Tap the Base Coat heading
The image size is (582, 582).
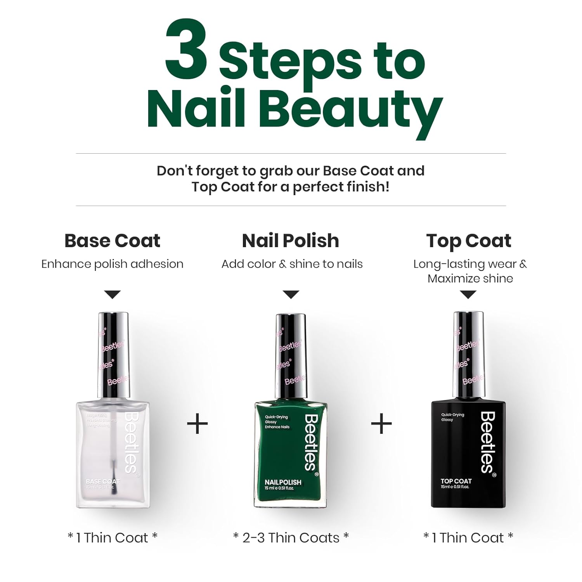tap(112, 241)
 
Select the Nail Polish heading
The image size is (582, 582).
tap(291, 241)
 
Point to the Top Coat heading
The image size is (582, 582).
tap(469, 241)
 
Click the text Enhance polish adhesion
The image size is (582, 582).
tap(112, 264)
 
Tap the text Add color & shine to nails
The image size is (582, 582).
tap(292, 264)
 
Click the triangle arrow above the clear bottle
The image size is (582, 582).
tap(113, 294)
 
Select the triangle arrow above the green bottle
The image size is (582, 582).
tap(291, 294)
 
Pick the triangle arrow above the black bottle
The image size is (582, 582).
tap(468, 294)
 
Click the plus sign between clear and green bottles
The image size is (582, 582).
tap(197, 423)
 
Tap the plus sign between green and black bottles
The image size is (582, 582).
tap(381, 423)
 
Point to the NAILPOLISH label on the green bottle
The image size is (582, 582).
tap(283, 482)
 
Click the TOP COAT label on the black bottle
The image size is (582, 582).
tap(456, 481)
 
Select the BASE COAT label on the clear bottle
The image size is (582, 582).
tap(103, 482)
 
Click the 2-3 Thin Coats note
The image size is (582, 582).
tap(291, 538)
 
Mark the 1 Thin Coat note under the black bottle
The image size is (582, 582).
tap(468, 538)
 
